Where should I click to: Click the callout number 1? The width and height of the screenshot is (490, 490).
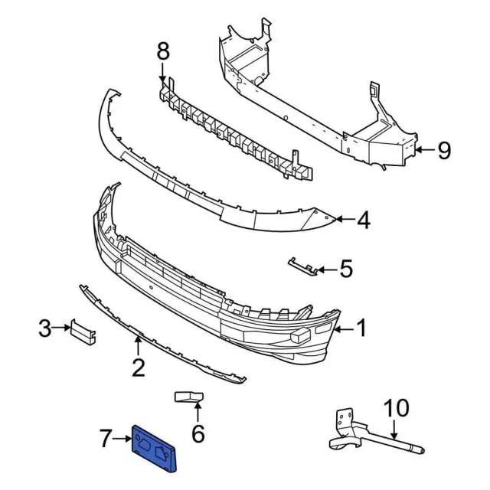click(x=361, y=329)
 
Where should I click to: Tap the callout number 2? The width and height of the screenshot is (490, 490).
click(x=138, y=369)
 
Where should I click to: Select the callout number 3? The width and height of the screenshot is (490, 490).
click(x=45, y=329)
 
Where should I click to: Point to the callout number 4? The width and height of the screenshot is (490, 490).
click(x=363, y=220)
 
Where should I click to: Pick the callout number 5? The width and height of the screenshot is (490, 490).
click(x=345, y=269)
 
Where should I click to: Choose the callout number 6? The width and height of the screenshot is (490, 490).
click(x=198, y=434)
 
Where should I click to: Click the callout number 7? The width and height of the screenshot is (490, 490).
click(x=106, y=439)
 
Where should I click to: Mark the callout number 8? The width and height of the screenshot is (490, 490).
click(x=162, y=53)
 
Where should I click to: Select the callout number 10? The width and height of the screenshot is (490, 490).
click(x=397, y=407)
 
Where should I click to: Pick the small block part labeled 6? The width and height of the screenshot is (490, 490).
click(x=188, y=397)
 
